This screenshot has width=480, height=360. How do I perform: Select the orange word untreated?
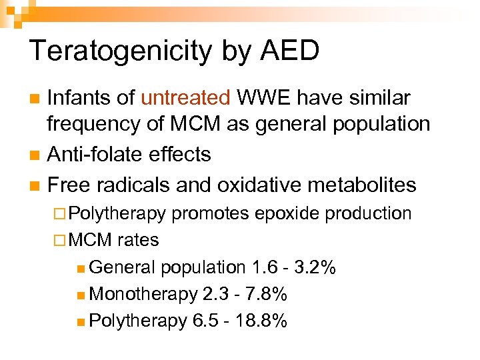[x=185, y=99]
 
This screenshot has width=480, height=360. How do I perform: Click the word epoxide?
[x=283, y=213]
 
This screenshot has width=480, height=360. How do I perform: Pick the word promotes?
[x=211, y=213]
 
